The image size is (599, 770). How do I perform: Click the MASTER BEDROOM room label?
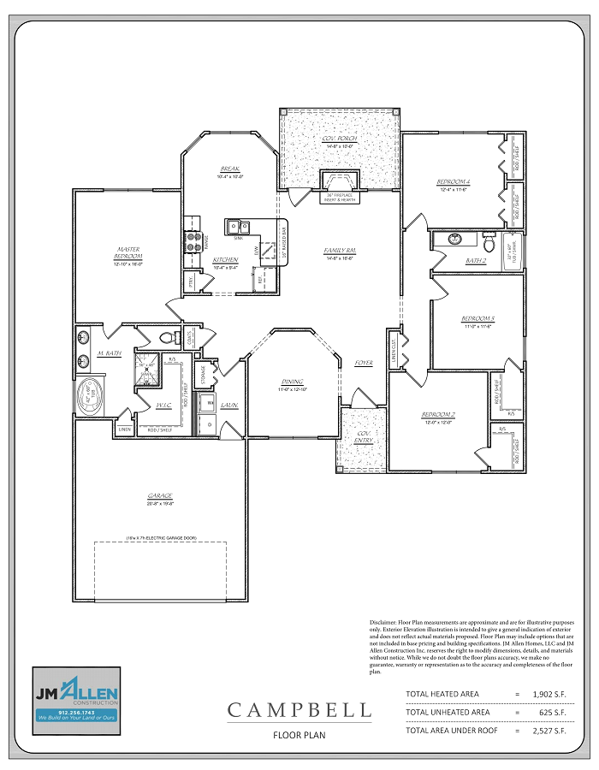(x=128, y=253)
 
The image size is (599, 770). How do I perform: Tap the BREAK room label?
(x=229, y=169)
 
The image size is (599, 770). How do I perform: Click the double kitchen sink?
(x=238, y=227)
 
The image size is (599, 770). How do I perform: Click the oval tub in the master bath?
(x=88, y=397)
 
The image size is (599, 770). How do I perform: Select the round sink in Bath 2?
(x=454, y=239)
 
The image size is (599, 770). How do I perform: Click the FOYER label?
(x=364, y=363)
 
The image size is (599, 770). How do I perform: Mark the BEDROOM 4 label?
(x=453, y=182)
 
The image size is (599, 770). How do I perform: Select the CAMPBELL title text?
(x=299, y=710)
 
